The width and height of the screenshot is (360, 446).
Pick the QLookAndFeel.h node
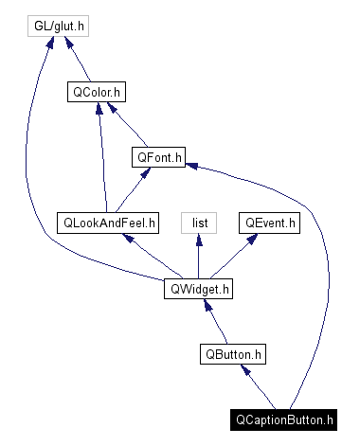(x=107, y=223)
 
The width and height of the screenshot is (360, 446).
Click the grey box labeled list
(x=199, y=223)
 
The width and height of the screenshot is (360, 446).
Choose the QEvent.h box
(x=270, y=223)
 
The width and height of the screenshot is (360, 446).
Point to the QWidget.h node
(x=198, y=289)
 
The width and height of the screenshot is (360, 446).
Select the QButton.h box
(x=233, y=355)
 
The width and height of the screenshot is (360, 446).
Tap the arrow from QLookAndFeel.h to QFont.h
(x=132, y=190)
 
